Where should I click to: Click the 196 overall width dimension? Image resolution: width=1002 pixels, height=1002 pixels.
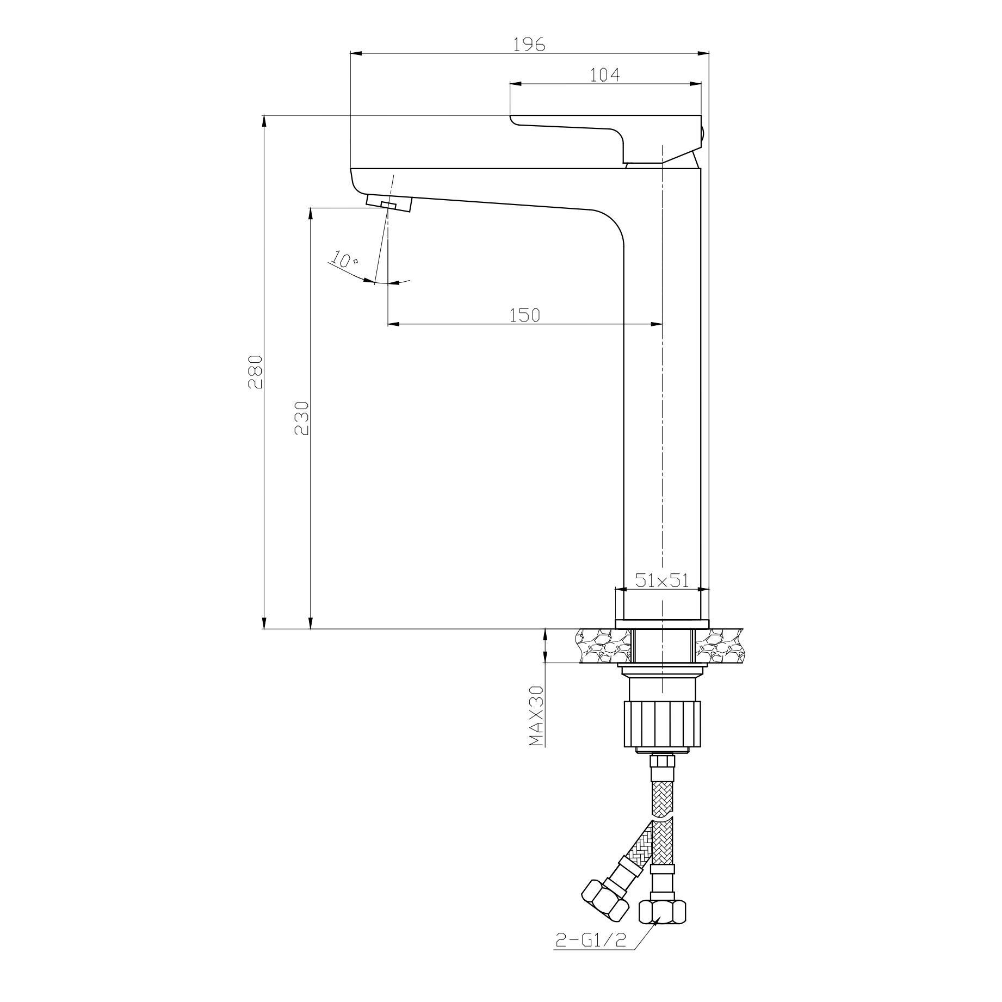tap(529, 45)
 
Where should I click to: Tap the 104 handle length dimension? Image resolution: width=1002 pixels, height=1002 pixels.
tap(605, 75)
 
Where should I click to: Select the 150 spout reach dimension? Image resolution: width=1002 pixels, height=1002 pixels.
tap(525, 315)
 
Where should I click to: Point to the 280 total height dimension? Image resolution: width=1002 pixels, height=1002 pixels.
tap(255, 372)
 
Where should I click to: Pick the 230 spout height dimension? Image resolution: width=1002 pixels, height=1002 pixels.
tap(302, 418)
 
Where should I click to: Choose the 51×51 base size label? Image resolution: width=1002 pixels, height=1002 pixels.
tap(662, 580)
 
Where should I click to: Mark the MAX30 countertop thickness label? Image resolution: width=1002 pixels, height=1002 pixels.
tap(537, 714)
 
